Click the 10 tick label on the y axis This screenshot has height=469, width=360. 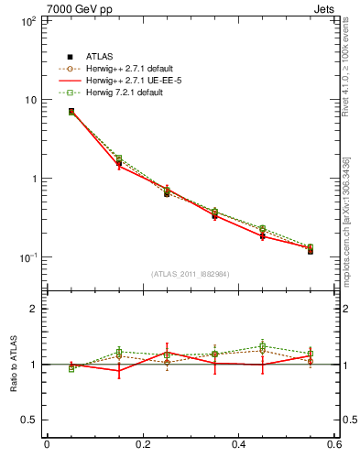coord(27,99)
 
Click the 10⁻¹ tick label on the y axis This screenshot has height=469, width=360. coord(24,257)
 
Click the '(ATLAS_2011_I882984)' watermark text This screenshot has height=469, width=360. coord(191,274)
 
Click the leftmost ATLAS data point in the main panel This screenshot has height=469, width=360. coord(71,112)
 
